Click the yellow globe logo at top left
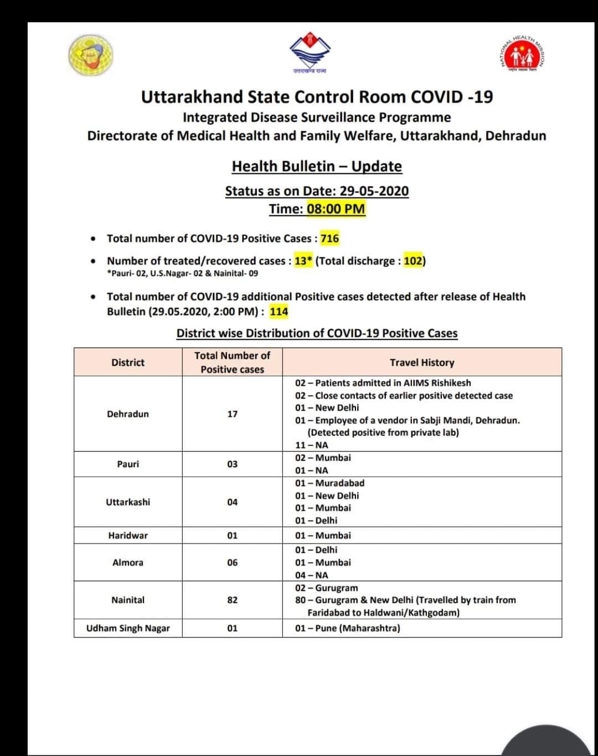pos(91,55)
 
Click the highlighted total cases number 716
pos(329,239)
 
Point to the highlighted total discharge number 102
pos(413,261)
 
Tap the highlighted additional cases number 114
pos(279,312)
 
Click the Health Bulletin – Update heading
pos(317,166)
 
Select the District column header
pos(128,363)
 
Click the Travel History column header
pos(422,363)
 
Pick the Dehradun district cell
pos(128,414)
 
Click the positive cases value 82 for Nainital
pos(233,600)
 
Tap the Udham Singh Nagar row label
pos(128,628)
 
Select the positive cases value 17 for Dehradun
pos(233,414)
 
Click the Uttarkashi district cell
pos(128,502)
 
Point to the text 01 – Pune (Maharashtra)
pos(348,628)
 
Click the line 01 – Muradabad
pos(329,483)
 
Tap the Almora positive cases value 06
pos(233,562)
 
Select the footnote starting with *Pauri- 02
pos(182,273)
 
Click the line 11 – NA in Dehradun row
pos(312,445)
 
